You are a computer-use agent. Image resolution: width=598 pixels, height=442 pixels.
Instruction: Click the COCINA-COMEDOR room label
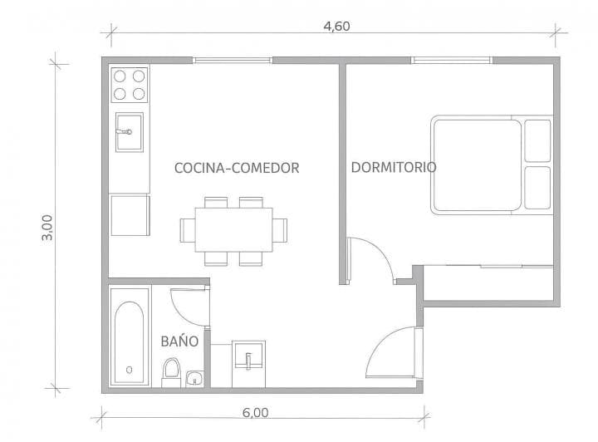(237, 168)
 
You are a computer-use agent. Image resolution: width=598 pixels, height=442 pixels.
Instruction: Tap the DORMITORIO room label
(394, 167)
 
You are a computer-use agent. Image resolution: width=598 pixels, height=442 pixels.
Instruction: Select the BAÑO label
(179, 341)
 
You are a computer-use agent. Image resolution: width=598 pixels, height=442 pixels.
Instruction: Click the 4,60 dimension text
(336, 25)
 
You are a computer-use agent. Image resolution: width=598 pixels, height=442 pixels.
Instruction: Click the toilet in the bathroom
(171, 371)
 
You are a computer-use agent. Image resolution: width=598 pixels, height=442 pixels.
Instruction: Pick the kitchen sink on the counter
(129, 132)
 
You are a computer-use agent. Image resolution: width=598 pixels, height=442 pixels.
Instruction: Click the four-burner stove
(130, 84)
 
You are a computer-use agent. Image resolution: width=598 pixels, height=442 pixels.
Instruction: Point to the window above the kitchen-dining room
(233, 60)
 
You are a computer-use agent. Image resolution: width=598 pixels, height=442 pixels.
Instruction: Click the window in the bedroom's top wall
(452, 60)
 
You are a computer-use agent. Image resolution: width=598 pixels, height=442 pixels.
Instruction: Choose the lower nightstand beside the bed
(537, 189)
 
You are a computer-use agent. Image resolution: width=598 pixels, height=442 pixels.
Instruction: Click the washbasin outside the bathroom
(248, 359)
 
